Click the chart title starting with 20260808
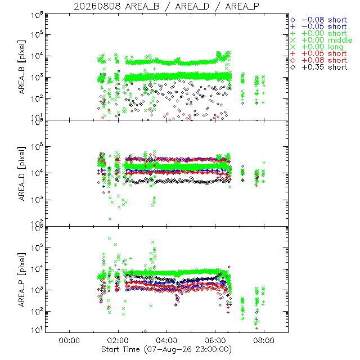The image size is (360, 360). point(166,6)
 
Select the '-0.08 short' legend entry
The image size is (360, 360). point(319,20)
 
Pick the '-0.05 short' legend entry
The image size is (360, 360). point(319,26)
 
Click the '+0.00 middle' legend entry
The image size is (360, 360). point(321,40)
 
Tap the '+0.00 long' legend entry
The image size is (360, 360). point(317,47)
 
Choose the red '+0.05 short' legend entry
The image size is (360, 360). point(319,54)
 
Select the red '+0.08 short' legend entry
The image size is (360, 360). point(319,60)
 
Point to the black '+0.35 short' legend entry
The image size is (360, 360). point(319,67)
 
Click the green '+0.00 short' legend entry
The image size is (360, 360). point(319,34)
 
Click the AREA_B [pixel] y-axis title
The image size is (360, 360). point(22,67)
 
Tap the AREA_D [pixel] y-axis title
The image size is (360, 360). point(22,174)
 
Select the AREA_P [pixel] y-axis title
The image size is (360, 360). point(22,280)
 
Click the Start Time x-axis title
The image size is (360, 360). point(166,349)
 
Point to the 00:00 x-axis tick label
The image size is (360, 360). point(69,340)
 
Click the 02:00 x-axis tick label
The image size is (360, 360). point(118,340)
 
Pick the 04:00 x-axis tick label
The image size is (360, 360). point(166,340)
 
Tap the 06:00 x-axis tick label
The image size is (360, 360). point(215,340)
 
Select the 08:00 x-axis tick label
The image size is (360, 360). point(264,340)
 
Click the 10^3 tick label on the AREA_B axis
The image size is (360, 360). point(37,78)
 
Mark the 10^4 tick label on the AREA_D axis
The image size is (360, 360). point(37,173)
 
